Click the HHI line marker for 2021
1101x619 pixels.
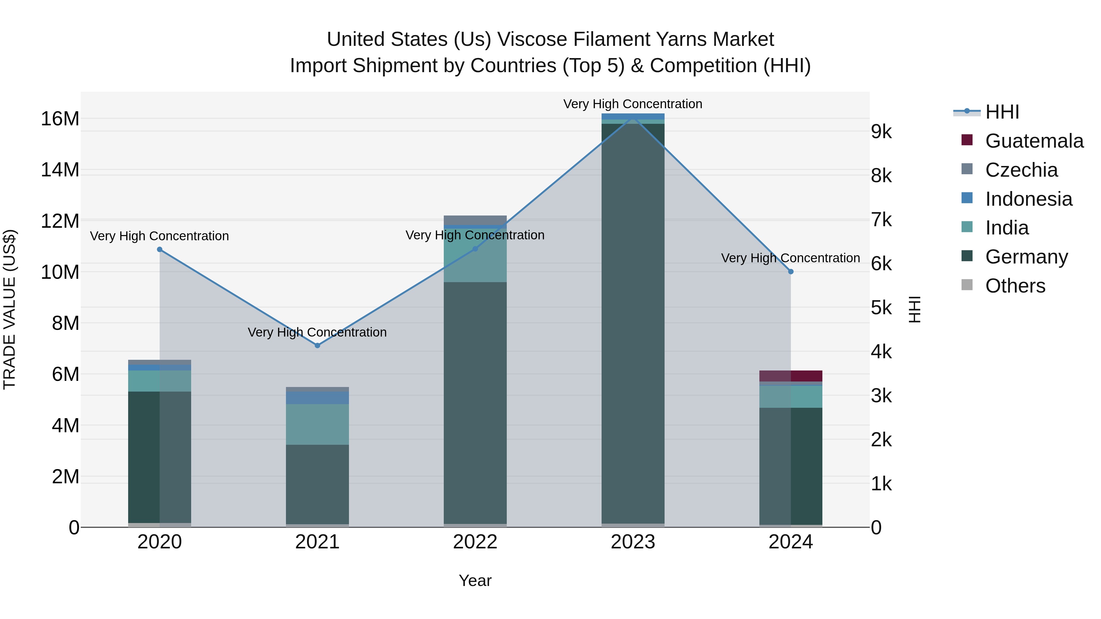[x=317, y=345]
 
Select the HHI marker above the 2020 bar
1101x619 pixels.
[x=159, y=249]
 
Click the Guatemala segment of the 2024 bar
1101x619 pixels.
[x=791, y=376]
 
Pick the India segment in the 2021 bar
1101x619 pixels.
[x=317, y=424]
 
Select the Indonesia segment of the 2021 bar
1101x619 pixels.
[x=317, y=398]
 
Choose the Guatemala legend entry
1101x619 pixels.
[x=1034, y=141]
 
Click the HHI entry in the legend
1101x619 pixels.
[x=1002, y=112]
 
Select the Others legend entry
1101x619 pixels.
[x=1015, y=286]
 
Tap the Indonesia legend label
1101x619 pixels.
[x=1029, y=199]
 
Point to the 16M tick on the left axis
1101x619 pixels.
[x=60, y=119]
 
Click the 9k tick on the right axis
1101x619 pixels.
[x=881, y=132]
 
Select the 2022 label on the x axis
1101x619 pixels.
[x=475, y=542]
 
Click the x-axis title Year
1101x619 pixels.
[x=475, y=580]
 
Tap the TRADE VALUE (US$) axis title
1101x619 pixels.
[x=9, y=309]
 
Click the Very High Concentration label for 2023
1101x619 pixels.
[x=632, y=104]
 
